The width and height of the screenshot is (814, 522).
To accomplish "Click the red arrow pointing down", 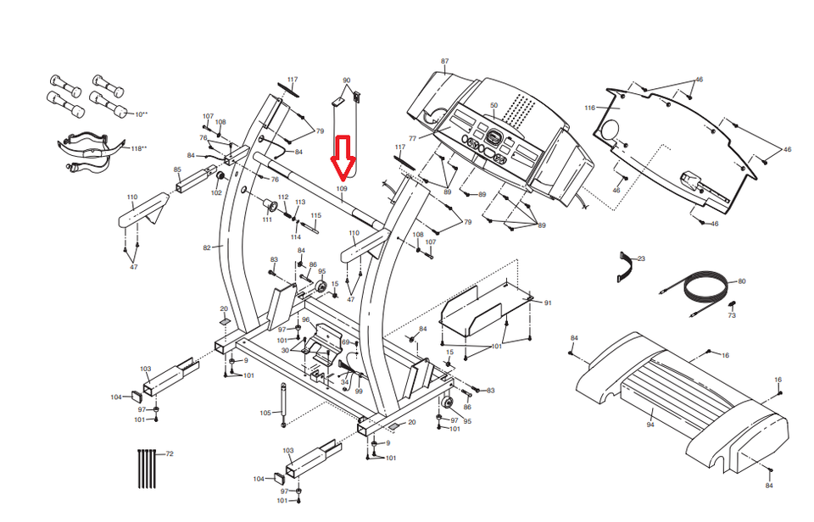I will (343, 157).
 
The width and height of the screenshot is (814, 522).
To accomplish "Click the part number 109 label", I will (343, 188).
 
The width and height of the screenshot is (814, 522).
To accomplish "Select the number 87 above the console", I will (444, 62).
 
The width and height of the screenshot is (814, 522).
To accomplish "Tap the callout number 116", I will (590, 108).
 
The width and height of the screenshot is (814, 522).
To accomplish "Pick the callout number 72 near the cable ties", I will (170, 455).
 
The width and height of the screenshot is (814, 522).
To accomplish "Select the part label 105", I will (265, 413).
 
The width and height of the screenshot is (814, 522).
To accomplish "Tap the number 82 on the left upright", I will (206, 247).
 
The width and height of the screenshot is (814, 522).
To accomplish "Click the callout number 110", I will (132, 197).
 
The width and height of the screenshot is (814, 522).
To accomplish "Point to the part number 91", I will (548, 303).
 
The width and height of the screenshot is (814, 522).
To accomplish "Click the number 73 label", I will (731, 315).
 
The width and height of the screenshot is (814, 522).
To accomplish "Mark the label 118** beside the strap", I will (137, 148).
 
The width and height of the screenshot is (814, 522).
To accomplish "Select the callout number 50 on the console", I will (494, 106).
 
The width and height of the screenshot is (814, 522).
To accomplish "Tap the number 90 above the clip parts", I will (346, 81).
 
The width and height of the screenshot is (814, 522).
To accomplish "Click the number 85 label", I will (177, 169).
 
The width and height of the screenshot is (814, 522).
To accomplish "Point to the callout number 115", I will (316, 215).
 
